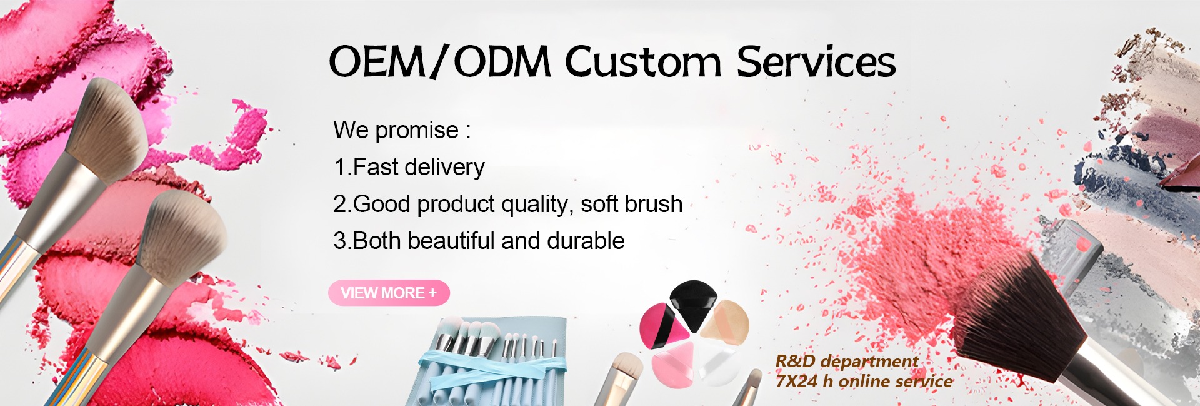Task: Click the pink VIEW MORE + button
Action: [x=389, y=293]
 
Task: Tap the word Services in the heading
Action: [x=816, y=62]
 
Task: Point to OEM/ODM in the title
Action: [x=440, y=62]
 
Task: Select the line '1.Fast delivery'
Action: [x=409, y=167]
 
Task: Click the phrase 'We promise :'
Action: [x=402, y=130]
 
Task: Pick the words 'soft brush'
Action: [x=631, y=204]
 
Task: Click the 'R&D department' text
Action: [x=847, y=362]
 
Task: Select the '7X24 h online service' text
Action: [x=864, y=382]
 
